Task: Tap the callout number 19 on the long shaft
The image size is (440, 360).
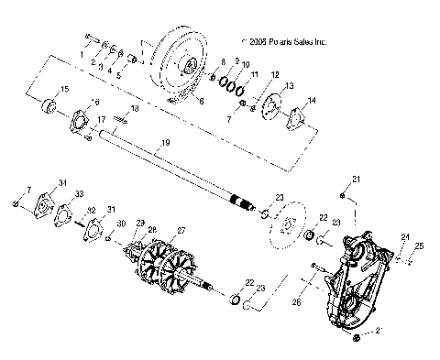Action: (x=165, y=143)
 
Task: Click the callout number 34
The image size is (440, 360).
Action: (x=63, y=183)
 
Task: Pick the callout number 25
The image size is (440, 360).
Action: (x=421, y=246)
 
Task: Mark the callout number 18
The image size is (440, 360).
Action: (x=135, y=109)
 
